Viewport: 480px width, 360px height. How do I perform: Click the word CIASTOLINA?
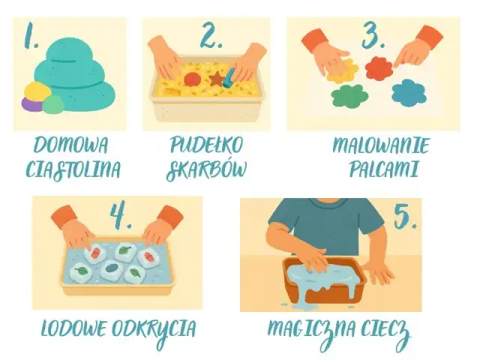(x=72, y=170)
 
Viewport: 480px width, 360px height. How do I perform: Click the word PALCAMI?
(x=382, y=169)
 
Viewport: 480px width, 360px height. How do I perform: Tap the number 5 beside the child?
(x=406, y=217)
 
